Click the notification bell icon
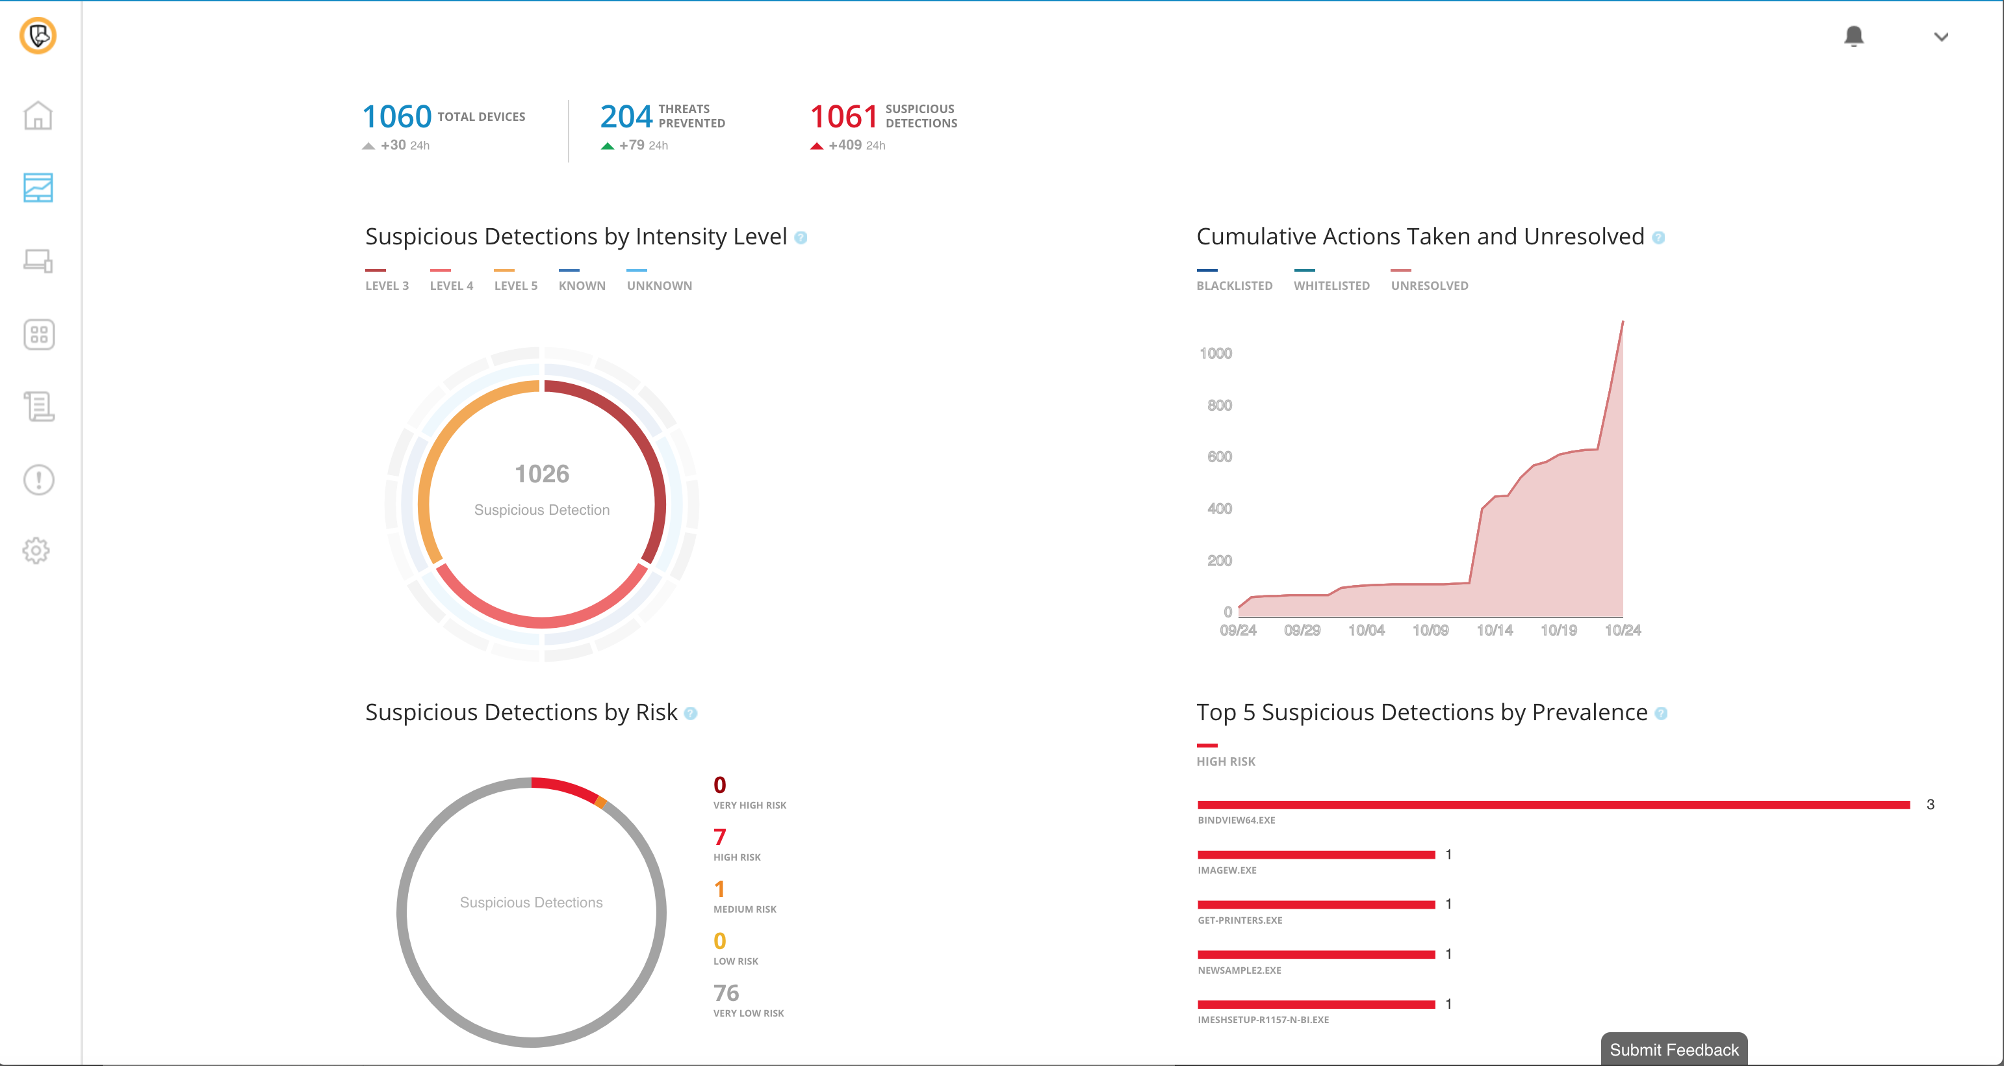coord(1853,36)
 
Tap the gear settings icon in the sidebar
coord(36,551)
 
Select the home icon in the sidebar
coord(37,116)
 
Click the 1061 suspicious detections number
coord(843,117)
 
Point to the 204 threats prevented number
coord(626,117)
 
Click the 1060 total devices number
coord(397,117)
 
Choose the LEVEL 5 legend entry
coord(516,285)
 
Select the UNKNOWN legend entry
coord(659,285)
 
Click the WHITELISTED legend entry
coord(1331,285)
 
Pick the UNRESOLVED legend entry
coord(1429,285)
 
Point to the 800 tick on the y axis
coord(1219,406)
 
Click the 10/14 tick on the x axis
coord(1495,630)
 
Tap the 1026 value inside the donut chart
coord(541,474)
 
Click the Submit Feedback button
coord(1673,1050)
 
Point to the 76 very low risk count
coord(726,993)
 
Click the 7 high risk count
coord(719,837)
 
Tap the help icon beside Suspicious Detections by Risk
coord(690,714)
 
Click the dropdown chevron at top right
coord(1941,36)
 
